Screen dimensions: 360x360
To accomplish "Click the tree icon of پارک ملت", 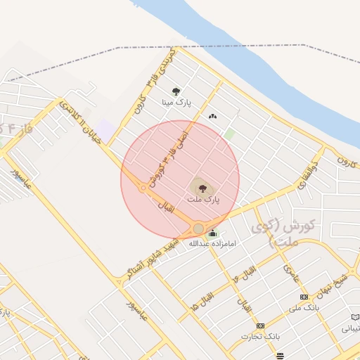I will click(x=202, y=188).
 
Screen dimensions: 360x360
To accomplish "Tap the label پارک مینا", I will click(x=175, y=103).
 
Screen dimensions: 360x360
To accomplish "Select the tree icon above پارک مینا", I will click(x=175, y=91).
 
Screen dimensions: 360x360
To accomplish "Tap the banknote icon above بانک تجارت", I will click(x=261, y=326).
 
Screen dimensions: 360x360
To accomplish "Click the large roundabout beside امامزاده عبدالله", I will click(x=199, y=229).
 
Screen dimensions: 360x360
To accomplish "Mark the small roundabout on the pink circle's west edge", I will click(x=143, y=188).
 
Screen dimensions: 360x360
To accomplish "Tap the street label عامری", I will click(x=291, y=274).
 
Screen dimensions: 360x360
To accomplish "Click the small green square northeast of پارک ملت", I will click(x=229, y=133).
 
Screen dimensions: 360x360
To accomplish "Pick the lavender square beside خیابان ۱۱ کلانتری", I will click(x=105, y=129).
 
